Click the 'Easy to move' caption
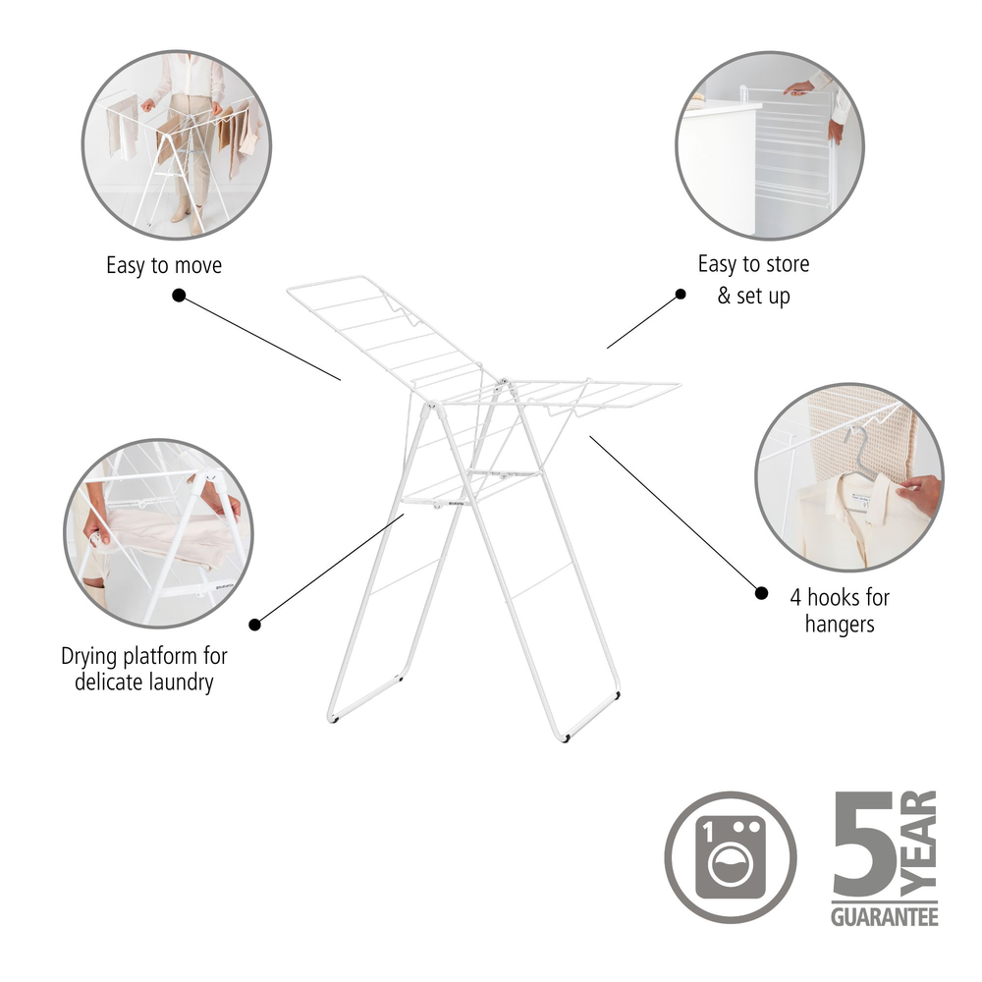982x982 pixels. (164, 265)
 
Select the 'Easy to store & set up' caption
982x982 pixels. (753, 279)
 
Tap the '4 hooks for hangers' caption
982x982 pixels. (840, 611)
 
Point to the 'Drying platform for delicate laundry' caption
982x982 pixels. (144, 669)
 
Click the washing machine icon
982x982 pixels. (731, 857)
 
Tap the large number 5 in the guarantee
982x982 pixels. (864, 843)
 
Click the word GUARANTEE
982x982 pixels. (885, 917)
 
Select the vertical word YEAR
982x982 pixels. (919, 843)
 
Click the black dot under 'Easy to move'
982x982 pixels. (179, 295)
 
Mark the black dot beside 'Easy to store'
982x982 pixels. (681, 294)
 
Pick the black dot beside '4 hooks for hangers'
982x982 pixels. (761, 592)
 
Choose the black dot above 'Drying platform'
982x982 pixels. (254, 625)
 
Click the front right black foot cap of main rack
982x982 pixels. (567, 739)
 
